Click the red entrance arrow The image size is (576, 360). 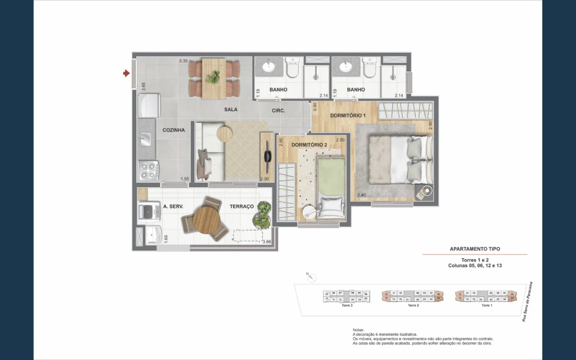click(126, 73)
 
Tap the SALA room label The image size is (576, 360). click(231, 109)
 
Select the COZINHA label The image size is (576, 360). click(174, 130)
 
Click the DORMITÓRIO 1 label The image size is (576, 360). click(348, 115)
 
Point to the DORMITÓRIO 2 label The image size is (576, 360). click(309, 145)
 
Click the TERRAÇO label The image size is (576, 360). click(242, 206)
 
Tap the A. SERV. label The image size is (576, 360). click(173, 206)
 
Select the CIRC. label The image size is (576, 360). click(278, 110)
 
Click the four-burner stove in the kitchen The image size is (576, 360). click(148, 171)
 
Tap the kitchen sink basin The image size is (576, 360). click(145, 140)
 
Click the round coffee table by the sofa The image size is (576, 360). click(224, 133)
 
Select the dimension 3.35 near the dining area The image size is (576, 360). click(183, 61)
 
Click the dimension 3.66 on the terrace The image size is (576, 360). click(267, 242)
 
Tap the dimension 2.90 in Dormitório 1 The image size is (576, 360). click(430, 125)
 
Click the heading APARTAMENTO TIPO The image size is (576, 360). click(475, 249)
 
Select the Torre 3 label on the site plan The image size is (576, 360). click(347, 305)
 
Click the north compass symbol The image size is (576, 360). click(312, 278)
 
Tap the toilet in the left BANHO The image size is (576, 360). click(293, 68)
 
